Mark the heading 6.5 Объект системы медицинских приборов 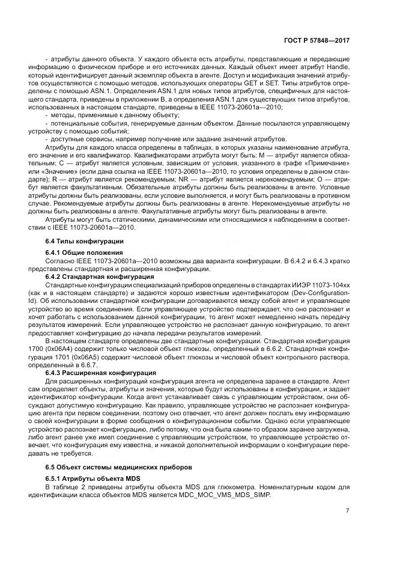tap(112, 467)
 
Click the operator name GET tap(228, 84)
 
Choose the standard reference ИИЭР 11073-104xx tap(318, 284)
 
